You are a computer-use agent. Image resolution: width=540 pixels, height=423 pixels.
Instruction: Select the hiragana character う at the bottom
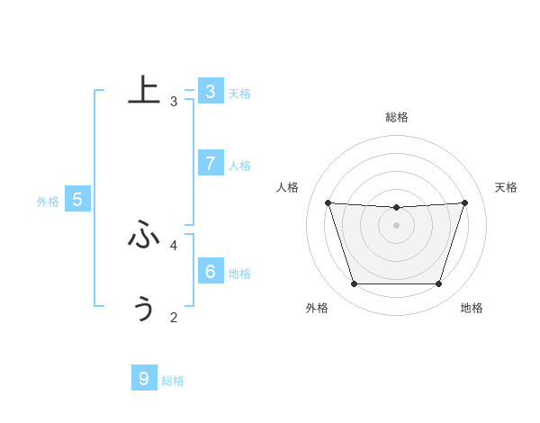[144, 308]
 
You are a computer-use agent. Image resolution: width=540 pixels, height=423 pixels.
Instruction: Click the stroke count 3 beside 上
[174, 102]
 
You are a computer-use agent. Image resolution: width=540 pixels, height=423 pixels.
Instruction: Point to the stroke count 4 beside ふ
[174, 245]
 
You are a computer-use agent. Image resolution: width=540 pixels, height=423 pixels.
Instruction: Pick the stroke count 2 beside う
[174, 317]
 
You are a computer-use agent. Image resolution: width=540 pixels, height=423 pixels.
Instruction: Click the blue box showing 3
[210, 91]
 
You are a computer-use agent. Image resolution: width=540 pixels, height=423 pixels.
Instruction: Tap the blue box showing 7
[210, 163]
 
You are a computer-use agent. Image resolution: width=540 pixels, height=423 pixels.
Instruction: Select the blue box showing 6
[210, 271]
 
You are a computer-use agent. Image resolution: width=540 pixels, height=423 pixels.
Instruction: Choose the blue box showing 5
[76, 200]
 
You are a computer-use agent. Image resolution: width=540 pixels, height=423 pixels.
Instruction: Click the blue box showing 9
[144, 378]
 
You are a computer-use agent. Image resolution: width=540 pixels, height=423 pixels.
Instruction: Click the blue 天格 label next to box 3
[239, 94]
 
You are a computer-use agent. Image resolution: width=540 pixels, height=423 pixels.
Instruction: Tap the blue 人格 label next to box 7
[239, 166]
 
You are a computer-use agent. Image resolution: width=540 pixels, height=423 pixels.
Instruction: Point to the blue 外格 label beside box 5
[48, 202]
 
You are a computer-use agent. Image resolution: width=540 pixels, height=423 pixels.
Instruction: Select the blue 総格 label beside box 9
[173, 381]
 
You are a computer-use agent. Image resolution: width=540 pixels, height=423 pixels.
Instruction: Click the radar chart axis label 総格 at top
[397, 117]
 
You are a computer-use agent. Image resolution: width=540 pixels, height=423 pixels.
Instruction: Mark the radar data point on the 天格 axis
[465, 202]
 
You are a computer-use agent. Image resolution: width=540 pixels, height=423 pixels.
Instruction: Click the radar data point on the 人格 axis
[328, 202]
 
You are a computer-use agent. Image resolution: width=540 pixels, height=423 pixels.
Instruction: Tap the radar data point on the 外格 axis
[354, 284]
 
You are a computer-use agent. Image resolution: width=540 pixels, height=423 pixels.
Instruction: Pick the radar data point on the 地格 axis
[439, 284]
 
